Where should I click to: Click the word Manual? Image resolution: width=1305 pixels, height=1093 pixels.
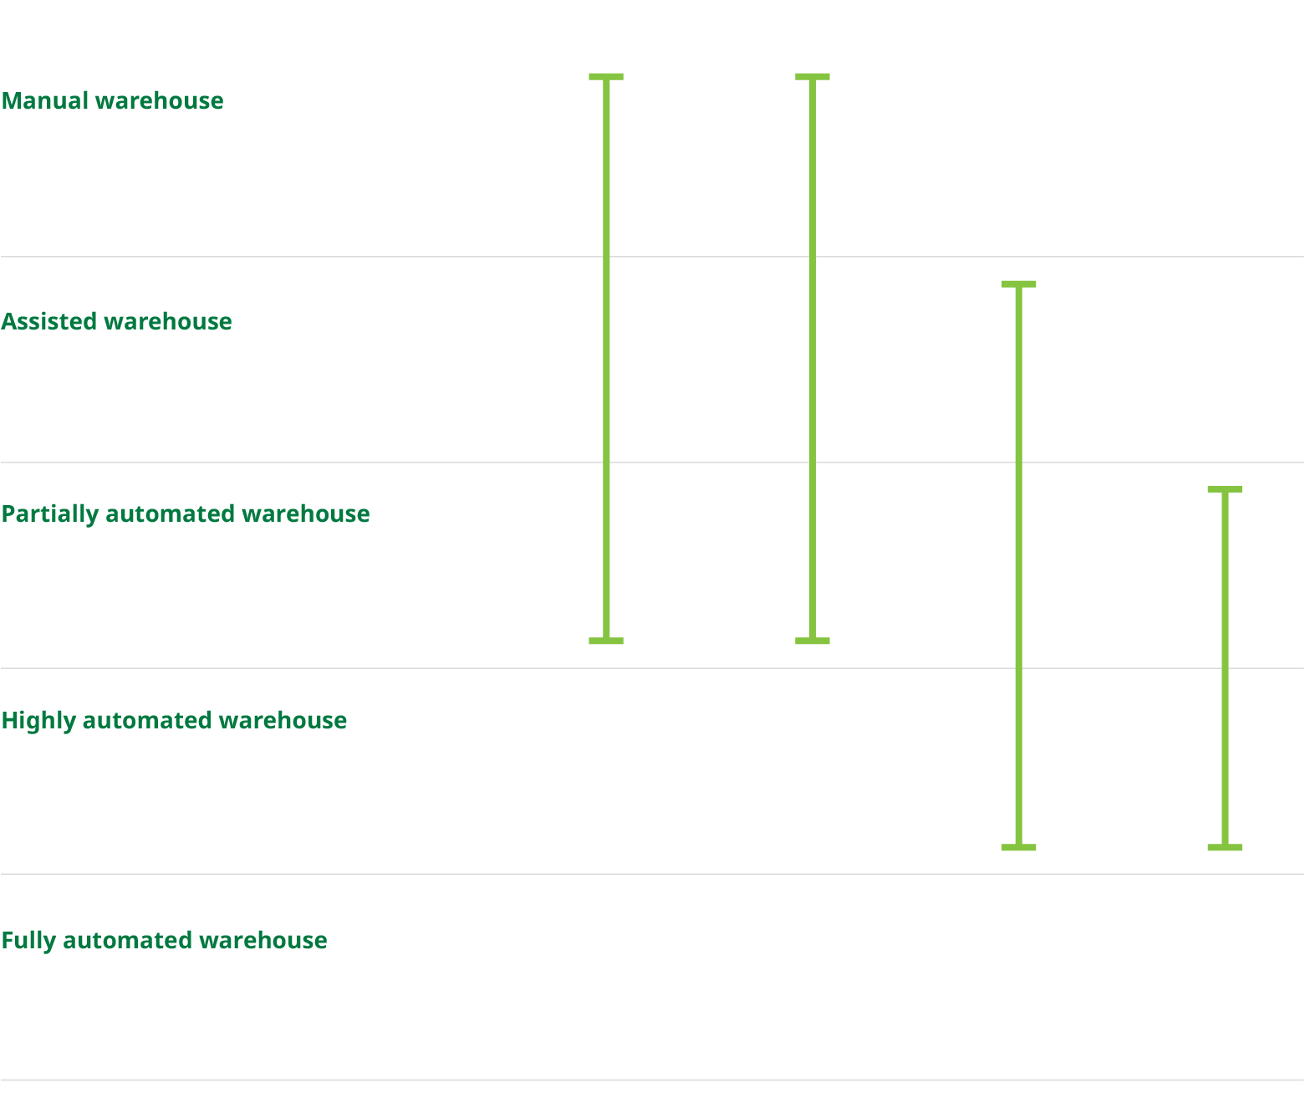coord(45,101)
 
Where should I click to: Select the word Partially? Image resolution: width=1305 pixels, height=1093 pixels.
coord(50,514)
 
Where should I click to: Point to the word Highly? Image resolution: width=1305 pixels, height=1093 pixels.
coord(38,721)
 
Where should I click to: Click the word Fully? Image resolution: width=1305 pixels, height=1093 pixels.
coord(28,941)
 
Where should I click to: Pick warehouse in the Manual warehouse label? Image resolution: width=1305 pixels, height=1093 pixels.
coord(159,101)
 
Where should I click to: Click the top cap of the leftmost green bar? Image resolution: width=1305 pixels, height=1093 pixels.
coord(606,77)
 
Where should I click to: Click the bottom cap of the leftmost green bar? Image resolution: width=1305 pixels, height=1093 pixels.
coord(606,641)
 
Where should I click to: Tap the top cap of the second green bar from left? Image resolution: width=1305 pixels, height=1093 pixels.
coord(813,77)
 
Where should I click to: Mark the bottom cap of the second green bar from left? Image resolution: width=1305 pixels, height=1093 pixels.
coord(813,641)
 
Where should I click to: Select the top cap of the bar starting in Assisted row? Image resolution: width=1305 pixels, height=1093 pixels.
coord(1019,284)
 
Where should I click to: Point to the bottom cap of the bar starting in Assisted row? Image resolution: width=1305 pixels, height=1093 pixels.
coord(1019,848)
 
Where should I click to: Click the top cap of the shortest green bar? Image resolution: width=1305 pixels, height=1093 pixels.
coord(1225,489)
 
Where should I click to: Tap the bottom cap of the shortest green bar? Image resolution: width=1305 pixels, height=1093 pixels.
coord(1225,848)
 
